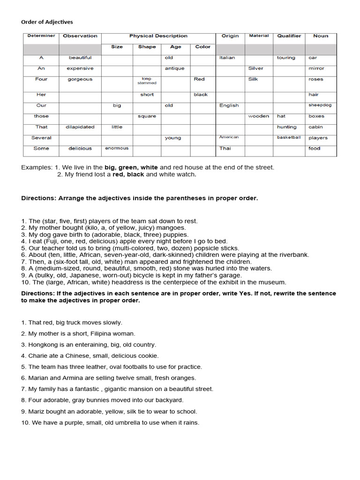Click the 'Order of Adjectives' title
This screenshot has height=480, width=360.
click(47, 22)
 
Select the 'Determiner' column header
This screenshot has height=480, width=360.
click(41, 36)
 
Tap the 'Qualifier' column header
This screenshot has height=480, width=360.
click(289, 36)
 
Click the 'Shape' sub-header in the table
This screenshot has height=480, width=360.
click(147, 47)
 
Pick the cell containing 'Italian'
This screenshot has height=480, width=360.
click(227, 58)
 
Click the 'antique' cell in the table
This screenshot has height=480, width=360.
click(174, 68)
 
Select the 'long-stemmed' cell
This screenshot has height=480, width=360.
click(147, 81)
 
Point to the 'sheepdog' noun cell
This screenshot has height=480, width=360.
click(320, 105)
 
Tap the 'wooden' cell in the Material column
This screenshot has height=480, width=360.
click(259, 116)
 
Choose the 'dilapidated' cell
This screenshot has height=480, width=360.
click(80, 127)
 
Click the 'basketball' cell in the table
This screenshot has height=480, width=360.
click(289, 137)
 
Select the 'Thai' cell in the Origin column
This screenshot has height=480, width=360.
click(225, 149)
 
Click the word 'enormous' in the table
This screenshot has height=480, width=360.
click(117, 149)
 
